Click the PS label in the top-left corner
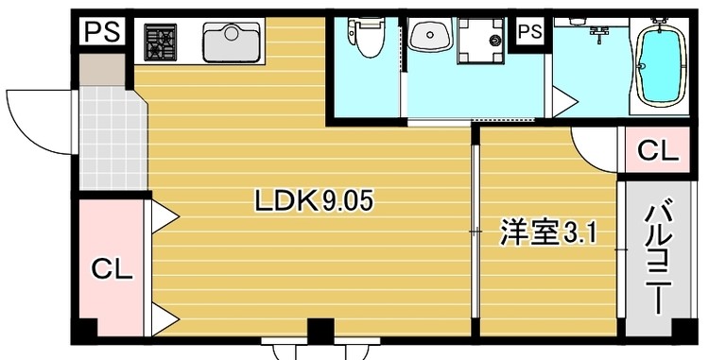point(99,31)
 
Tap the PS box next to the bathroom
point(530,32)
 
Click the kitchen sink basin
point(232,42)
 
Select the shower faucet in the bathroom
point(597,33)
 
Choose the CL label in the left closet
point(112,270)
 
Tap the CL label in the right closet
point(656,150)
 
